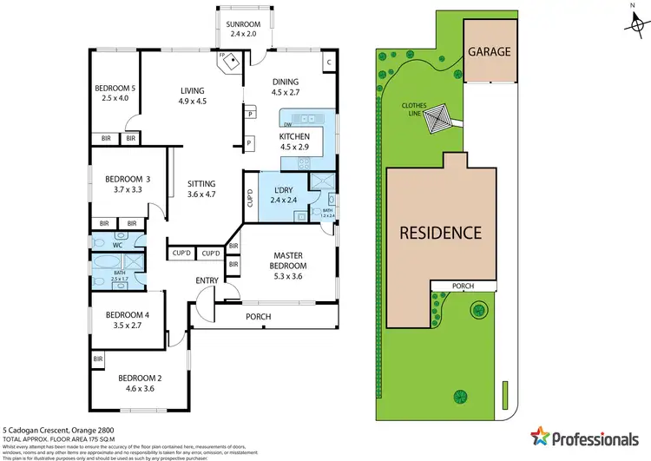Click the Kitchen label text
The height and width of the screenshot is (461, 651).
[293, 135]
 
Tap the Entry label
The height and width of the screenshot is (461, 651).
[208, 280]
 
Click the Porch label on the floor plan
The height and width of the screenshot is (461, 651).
[259, 317]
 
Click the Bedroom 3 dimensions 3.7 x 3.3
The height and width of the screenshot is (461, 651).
[116, 189]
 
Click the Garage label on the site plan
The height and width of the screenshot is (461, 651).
[490, 51]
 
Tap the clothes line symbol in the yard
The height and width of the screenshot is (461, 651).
[437, 119]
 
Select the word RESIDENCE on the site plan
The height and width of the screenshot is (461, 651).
[440, 233]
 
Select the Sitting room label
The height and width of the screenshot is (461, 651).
[201, 183]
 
